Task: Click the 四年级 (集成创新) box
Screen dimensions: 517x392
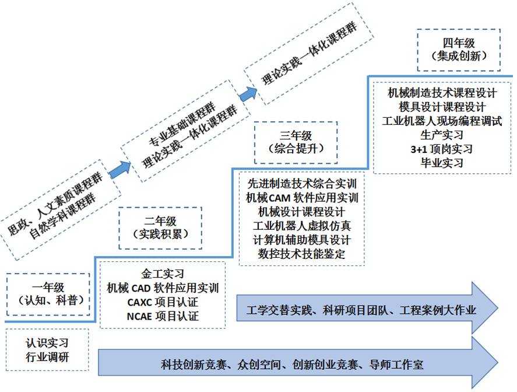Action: [x=459, y=50]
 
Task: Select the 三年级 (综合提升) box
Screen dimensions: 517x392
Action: [x=296, y=142]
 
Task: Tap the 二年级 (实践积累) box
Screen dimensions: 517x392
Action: [x=160, y=228]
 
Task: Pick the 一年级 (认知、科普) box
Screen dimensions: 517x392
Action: [x=48, y=294]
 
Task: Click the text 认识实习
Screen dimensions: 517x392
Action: [x=47, y=343]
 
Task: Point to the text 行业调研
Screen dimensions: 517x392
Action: [x=47, y=356]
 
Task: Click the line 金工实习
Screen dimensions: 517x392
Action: [x=163, y=274]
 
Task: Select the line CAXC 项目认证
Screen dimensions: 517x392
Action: [x=163, y=302]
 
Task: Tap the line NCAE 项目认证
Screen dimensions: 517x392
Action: [x=163, y=316]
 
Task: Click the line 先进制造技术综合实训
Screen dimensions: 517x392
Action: [x=302, y=184]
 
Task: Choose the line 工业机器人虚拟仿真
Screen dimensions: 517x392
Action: [x=302, y=226]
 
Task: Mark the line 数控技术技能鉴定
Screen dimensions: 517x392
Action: [x=302, y=254]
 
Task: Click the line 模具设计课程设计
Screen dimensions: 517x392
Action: [x=442, y=107]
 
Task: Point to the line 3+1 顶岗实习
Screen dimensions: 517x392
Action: [x=442, y=149]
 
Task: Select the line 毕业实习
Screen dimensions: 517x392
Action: [x=442, y=163]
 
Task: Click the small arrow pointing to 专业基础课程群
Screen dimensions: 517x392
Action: [x=120, y=170]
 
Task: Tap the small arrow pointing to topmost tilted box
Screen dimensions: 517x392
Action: [x=248, y=94]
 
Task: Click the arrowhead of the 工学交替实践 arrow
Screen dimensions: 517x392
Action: [x=486, y=308]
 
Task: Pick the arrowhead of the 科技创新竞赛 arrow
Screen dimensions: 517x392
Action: [x=486, y=363]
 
